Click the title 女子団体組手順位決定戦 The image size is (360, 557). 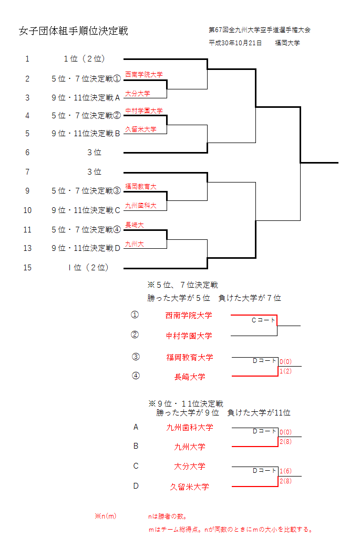pos(73,31)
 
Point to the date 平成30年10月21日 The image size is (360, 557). pos(235,43)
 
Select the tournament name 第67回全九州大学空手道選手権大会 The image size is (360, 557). pos(263,30)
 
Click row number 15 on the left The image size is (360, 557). pos(27,268)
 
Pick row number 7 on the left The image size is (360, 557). pos(27,172)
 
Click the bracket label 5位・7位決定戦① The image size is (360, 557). pos(86,79)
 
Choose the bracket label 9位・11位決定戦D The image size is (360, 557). pos(86,248)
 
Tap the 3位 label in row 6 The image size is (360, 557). pos(94,153)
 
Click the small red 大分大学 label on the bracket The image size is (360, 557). pos(137,94)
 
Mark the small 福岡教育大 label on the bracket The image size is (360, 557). pos(140,187)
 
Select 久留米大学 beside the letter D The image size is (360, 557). pos(189,487)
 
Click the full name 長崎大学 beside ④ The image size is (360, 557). pos(190,377)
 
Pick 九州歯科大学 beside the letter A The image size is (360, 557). pos(190,428)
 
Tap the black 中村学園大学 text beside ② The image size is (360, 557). pos(189,336)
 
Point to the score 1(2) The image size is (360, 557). pos(285,371)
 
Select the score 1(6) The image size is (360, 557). pos(285,471)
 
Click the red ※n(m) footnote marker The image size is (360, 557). pos(105,517)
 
